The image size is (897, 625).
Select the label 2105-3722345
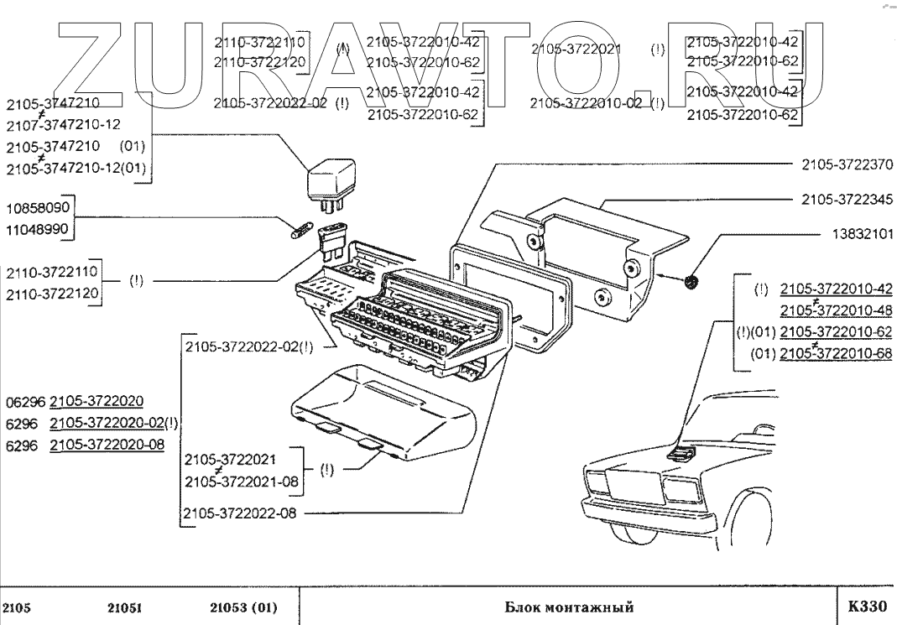847,200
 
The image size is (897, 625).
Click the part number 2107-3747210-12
63,125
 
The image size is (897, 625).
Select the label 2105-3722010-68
836,355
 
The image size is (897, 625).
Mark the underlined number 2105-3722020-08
107,445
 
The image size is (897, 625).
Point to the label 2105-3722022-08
241,513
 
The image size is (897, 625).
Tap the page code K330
867,607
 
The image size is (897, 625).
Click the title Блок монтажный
569,607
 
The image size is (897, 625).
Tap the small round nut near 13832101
692,283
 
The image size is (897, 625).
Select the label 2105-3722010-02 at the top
586,104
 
